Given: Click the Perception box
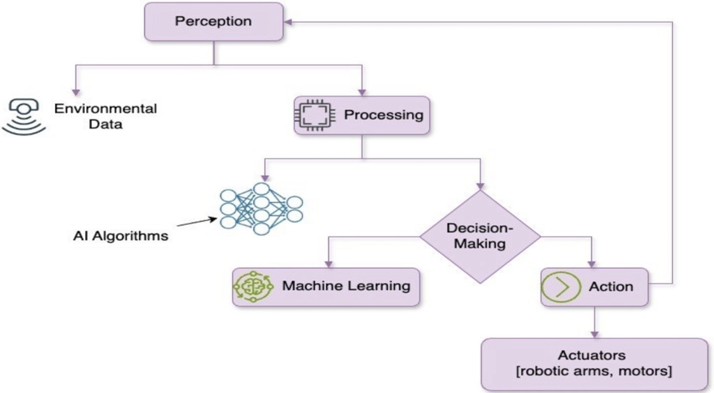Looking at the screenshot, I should tap(213, 21).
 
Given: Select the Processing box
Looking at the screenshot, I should tap(362, 115).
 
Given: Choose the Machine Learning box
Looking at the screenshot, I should tap(326, 287).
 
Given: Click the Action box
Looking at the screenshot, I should tap(594, 287).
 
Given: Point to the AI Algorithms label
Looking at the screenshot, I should tap(121, 235).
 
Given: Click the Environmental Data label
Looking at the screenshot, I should tap(106, 116).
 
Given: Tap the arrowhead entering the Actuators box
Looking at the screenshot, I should tap(594, 334).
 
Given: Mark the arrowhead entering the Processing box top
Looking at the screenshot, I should tap(362, 91).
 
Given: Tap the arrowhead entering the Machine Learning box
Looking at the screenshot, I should tap(328, 263).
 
